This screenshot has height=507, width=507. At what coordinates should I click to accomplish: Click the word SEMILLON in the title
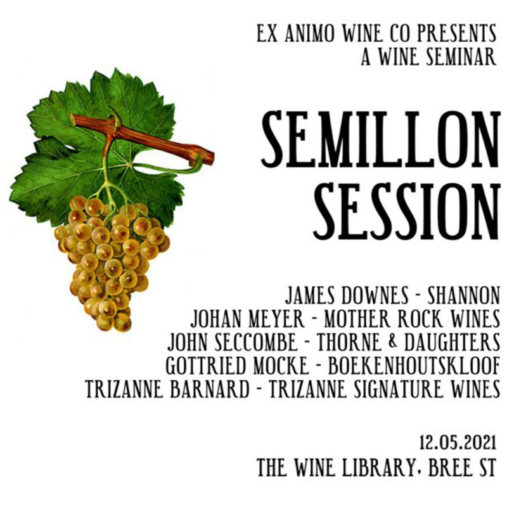pyautogui.click(x=378, y=137)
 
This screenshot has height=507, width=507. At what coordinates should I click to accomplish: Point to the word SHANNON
pyautogui.click(x=458, y=296)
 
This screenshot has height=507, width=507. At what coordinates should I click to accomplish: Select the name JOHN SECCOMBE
pyautogui.click(x=232, y=343)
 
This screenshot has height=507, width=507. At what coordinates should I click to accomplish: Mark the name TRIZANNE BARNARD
pyautogui.click(x=167, y=389)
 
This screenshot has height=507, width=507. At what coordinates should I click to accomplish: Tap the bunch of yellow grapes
pyautogui.click(x=111, y=260)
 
